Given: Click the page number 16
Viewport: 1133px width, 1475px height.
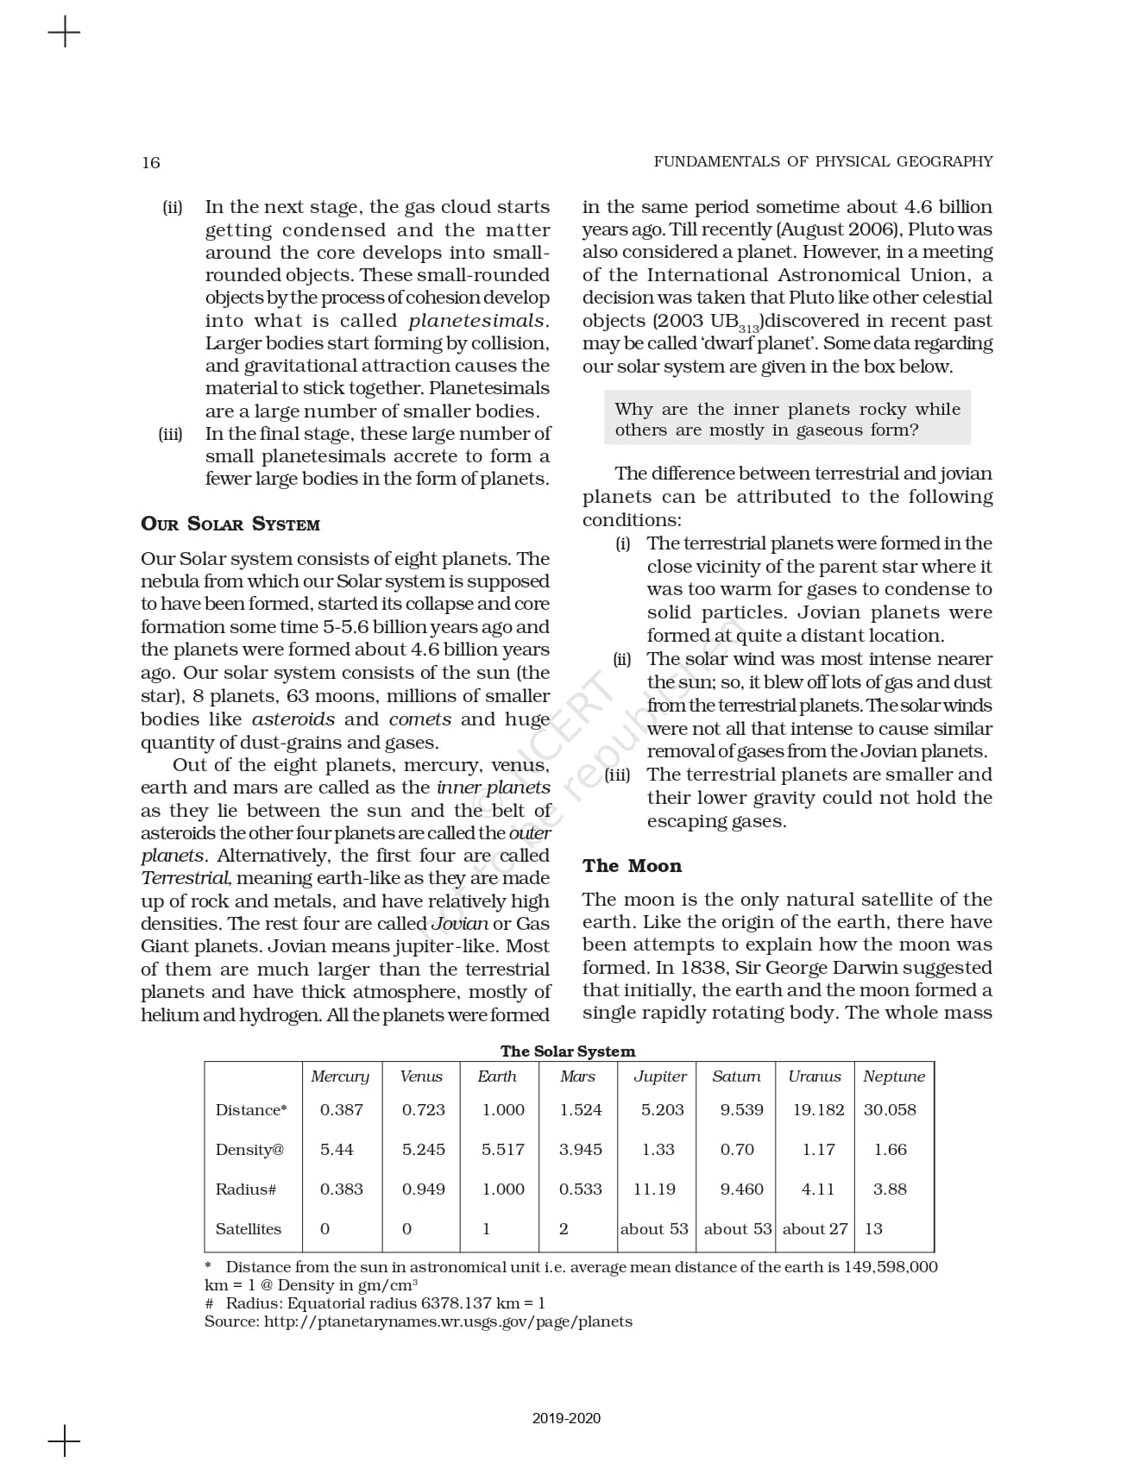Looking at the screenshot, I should click(151, 162).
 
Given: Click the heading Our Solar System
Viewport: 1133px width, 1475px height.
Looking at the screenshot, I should click(230, 524).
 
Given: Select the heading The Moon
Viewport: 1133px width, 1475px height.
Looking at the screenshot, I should click(632, 866).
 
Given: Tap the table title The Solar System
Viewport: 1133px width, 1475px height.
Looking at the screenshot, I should click(568, 1051).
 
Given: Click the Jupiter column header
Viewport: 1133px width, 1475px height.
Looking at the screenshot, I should click(660, 1076).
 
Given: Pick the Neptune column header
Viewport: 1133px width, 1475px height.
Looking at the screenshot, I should click(894, 1076).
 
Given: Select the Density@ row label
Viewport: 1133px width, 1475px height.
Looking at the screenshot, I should click(249, 1149).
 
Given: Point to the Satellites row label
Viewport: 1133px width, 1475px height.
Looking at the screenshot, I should click(249, 1228).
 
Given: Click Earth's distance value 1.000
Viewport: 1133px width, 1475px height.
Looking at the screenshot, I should click(503, 1109).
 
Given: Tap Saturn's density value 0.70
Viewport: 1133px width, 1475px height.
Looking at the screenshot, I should click(737, 1149).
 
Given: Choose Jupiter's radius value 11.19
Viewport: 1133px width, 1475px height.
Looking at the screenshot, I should click(654, 1189).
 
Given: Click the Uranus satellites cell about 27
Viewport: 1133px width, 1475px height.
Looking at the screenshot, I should click(815, 1228).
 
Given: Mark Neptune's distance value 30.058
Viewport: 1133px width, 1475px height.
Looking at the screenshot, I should click(890, 1109).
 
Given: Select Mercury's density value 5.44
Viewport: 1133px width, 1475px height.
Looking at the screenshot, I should click(337, 1149).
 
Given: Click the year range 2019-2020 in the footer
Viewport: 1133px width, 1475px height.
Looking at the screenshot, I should click(566, 1418).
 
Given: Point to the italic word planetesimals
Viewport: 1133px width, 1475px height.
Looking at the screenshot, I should click(477, 321).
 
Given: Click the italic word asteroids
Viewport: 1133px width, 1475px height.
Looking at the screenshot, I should click(293, 719).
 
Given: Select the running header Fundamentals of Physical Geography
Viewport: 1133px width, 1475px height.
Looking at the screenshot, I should click(823, 161).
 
